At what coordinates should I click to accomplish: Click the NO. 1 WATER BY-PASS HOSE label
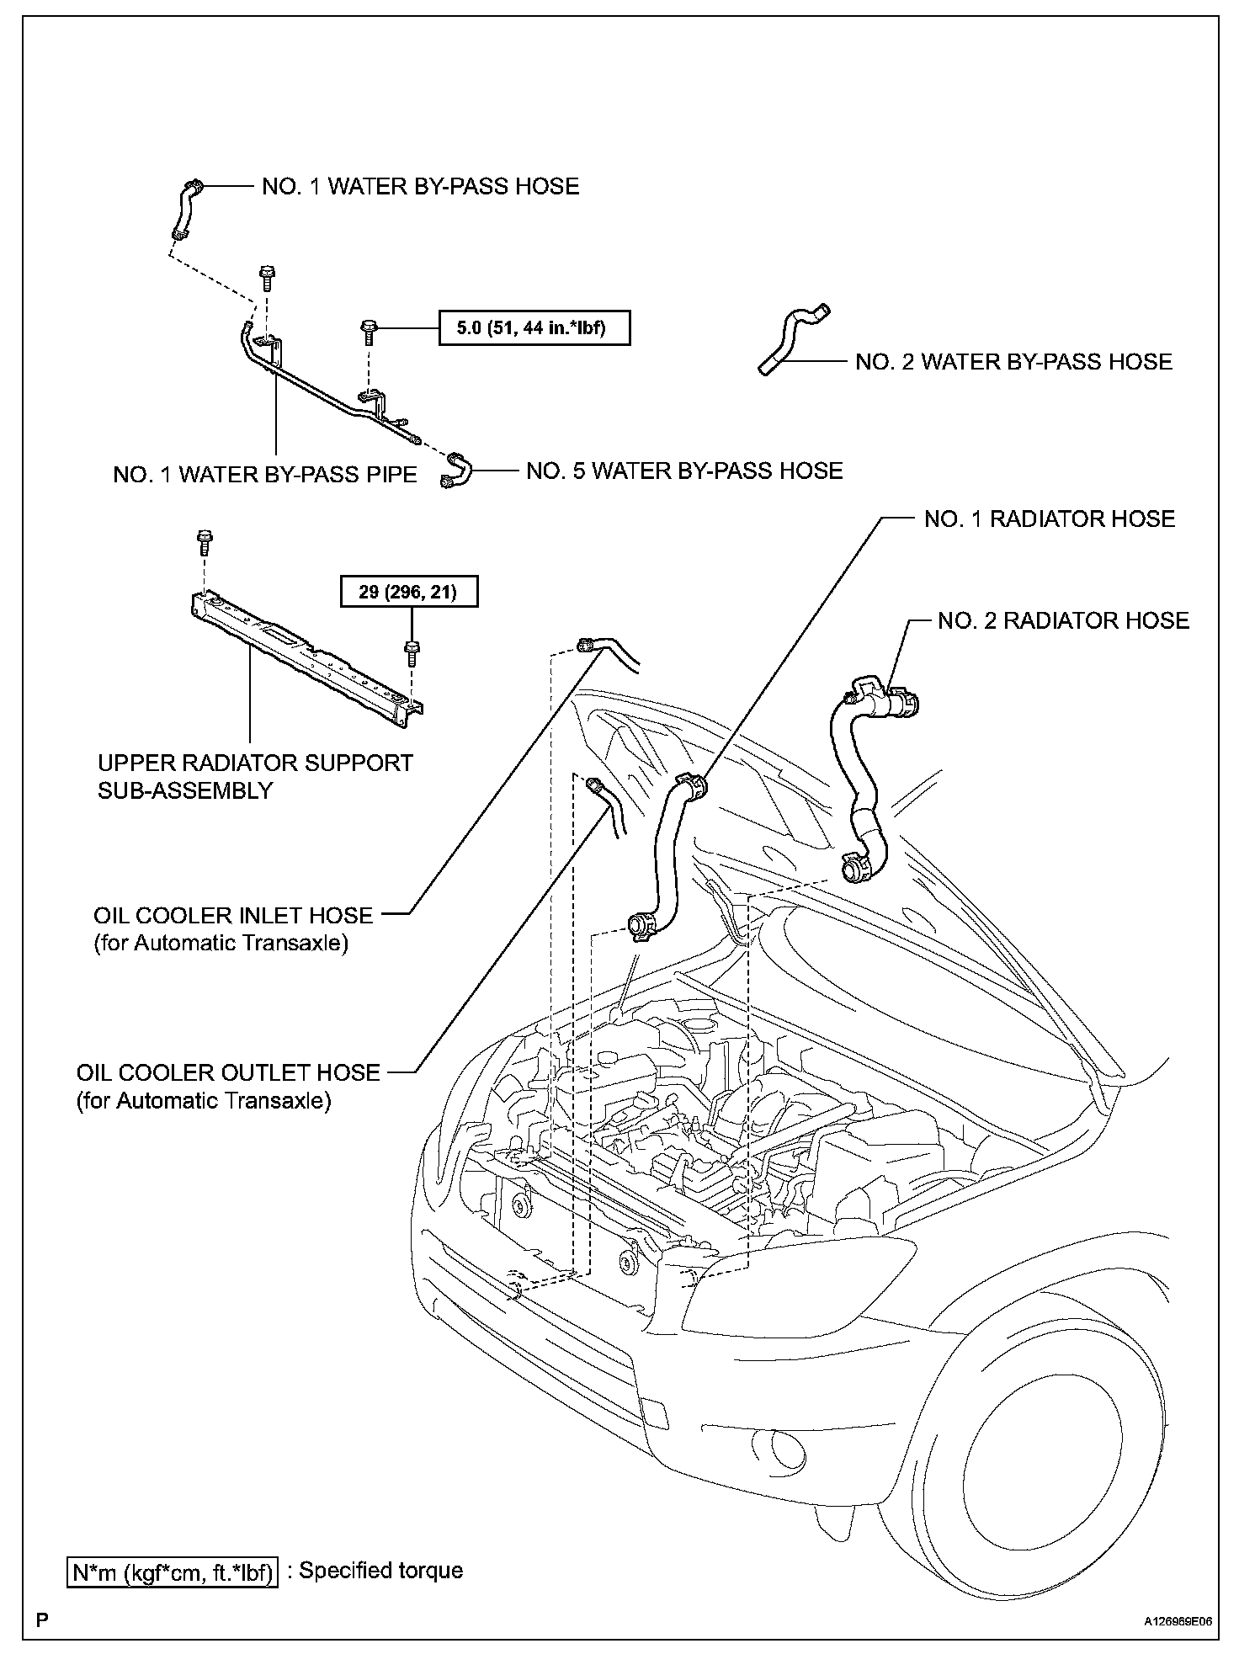420,186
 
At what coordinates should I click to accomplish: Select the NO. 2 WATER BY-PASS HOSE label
1013,362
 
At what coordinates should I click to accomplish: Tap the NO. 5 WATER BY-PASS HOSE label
683,471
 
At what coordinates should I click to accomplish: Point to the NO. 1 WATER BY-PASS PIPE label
265,475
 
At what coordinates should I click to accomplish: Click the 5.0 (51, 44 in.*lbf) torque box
534,328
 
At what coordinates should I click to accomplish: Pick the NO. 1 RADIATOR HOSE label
1049,519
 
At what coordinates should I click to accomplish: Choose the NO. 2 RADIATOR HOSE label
1063,621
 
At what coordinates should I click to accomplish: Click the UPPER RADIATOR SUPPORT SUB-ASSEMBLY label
255,776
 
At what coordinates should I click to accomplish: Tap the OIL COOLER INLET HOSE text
233,915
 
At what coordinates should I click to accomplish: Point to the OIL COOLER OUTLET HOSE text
228,1072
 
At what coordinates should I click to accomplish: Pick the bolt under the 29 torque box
412,652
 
